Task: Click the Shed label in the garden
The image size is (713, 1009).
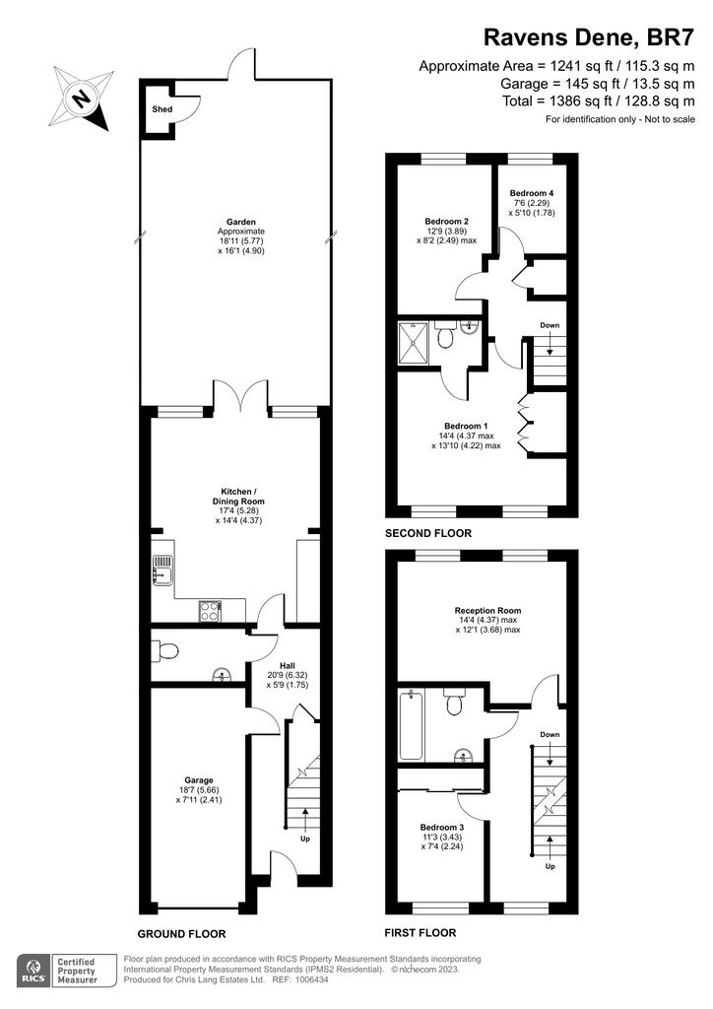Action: click(162, 109)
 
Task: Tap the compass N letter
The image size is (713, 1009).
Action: click(81, 100)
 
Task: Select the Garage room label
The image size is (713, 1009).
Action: click(199, 780)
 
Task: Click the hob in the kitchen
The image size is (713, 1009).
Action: click(210, 610)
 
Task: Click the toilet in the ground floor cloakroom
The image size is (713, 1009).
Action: click(165, 651)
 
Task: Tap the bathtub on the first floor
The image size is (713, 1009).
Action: click(410, 725)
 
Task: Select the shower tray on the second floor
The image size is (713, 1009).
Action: click(413, 342)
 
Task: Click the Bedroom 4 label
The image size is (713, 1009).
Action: click(532, 193)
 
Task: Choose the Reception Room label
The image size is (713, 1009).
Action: click(488, 611)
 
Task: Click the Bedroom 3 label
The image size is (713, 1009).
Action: click(442, 828)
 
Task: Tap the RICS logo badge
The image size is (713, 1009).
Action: click(33, 971)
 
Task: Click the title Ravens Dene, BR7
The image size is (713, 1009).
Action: click(589, 37)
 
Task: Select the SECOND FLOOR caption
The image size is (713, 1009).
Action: click(428, 533)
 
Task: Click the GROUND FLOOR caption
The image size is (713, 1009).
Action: click(182, 934)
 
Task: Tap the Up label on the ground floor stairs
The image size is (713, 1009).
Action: click(305, 839)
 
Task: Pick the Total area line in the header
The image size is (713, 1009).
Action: click(599, 101)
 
